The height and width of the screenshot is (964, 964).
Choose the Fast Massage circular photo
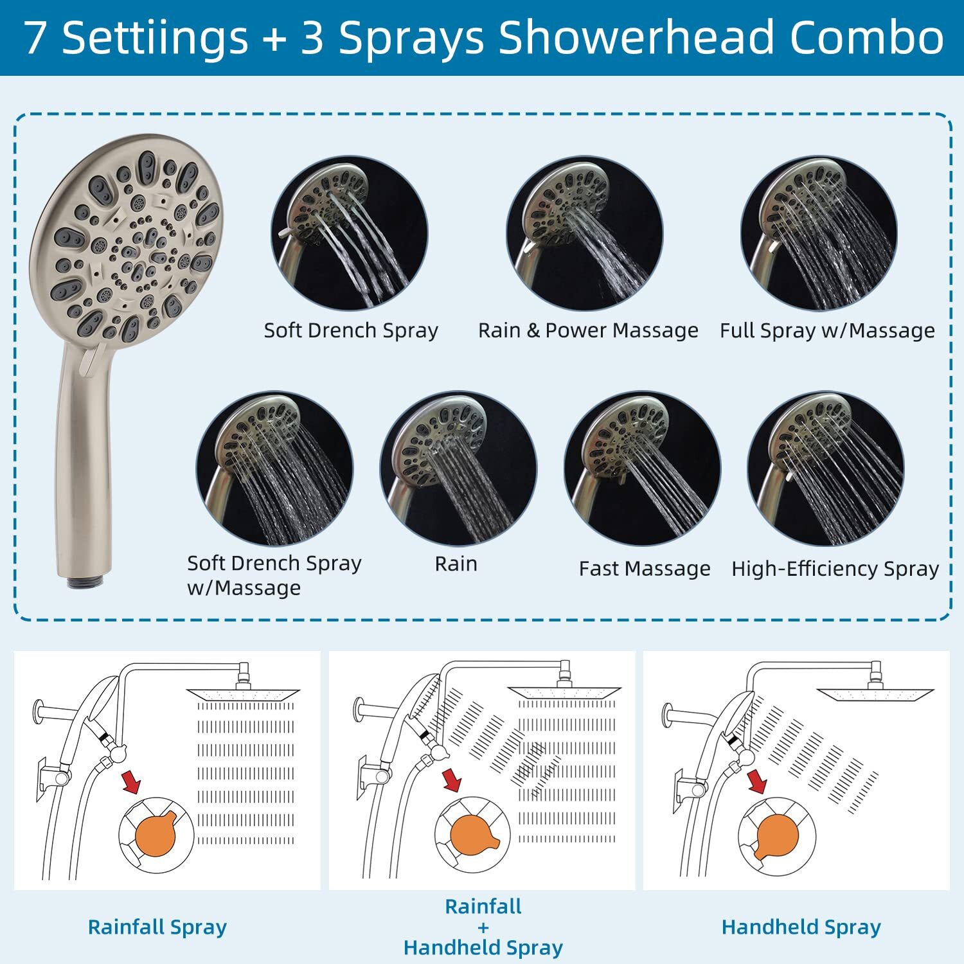click(x=642, y=469)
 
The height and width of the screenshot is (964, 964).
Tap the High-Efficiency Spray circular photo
click(x=826, y=469)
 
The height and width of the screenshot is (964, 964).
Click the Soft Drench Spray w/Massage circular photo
click(x=274, y=469)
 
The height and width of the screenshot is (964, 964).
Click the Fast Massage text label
click(x=645, y=569)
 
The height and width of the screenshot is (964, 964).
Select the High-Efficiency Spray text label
click(x=835, y=569)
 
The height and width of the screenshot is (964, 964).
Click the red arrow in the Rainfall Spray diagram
click(x=131, y=783)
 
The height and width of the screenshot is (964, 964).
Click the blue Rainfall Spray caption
click(x=157, y=927)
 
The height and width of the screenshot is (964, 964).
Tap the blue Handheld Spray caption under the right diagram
click(x=801, y=927)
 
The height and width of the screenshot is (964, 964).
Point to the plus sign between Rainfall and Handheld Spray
click(x=483, y=927)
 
